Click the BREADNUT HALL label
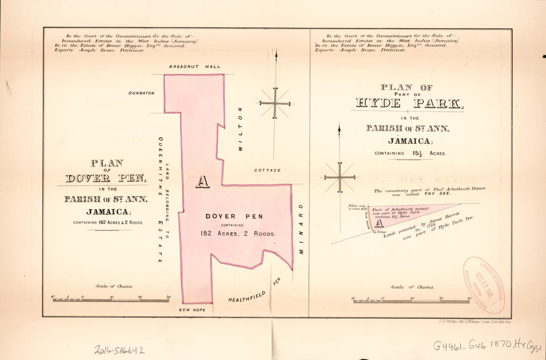point(195,67)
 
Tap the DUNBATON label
point(141,93)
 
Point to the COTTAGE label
point(268,170)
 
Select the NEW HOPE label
point(191,310)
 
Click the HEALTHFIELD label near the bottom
point(247,297)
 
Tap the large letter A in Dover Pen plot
point(202,182)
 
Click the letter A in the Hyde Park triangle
point(379,223)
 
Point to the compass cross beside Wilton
point(274,103)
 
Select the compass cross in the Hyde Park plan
point(340,177)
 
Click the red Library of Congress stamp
point(483,285)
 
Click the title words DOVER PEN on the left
point(106,178)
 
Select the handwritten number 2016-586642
point(119,350)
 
